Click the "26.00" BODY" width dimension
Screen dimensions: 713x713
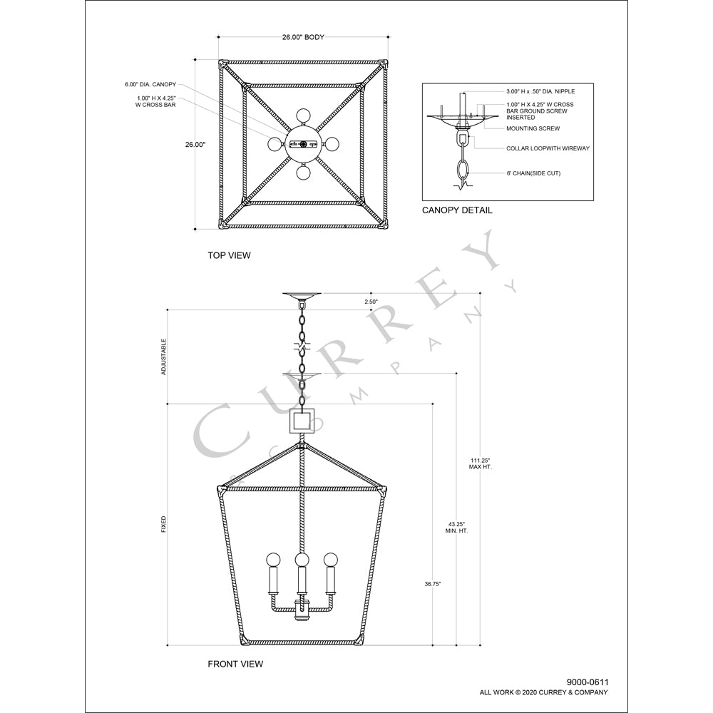click(x=303, y=37)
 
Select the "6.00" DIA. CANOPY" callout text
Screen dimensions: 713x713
click(x=150, y=85)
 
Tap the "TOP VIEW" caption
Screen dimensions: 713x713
click(x=229, y=255)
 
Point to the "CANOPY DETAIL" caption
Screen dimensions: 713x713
click(x=457, y=210)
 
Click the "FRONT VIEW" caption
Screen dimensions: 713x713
click(x=235, y=664)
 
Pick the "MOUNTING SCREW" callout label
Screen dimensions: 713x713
click(x=533, y=128)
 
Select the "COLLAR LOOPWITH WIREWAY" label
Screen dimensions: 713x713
click(x=548, y=148)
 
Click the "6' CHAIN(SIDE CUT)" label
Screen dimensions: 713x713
click(x=533, y=173)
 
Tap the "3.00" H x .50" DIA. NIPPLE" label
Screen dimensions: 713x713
click(x=540, y=91)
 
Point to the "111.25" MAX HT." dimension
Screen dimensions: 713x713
click(x=480, y=463)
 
